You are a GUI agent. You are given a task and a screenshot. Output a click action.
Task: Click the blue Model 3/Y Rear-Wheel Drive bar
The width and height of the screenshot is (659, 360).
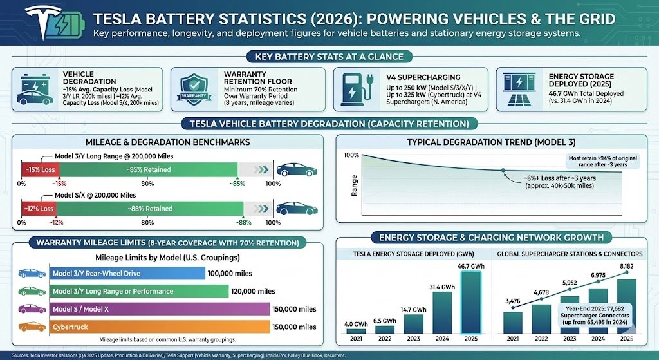click(127, 273)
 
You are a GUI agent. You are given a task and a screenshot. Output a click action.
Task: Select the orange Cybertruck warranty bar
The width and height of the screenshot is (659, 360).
click(159, 327)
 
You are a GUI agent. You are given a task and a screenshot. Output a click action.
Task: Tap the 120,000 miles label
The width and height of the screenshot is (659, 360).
click(254, 291)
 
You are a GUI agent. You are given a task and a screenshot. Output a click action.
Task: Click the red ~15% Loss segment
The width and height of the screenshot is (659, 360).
click(40, 170)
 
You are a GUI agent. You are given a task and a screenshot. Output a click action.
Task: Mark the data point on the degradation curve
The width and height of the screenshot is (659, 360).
click(502, 170)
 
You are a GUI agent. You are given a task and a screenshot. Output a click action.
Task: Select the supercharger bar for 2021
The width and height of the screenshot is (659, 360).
click(512, 322)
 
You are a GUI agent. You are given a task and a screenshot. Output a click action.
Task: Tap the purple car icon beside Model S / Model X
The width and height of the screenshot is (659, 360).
click(32, 309)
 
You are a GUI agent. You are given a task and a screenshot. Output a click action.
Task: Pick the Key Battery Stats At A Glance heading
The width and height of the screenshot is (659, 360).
click(329, 57)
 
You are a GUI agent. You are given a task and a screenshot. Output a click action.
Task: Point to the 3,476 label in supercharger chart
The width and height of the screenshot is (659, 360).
click(512, 301)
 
